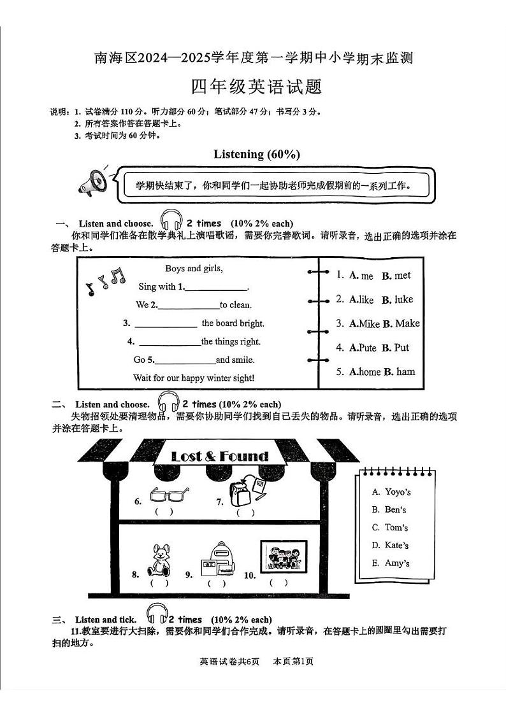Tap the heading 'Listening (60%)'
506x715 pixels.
256,154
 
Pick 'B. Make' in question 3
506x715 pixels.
401,323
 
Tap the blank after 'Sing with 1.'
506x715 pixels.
216,287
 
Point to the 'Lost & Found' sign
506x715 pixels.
220,456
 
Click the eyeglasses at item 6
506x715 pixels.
170,494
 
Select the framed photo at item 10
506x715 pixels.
284,556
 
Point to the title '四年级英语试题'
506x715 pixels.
257,86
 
